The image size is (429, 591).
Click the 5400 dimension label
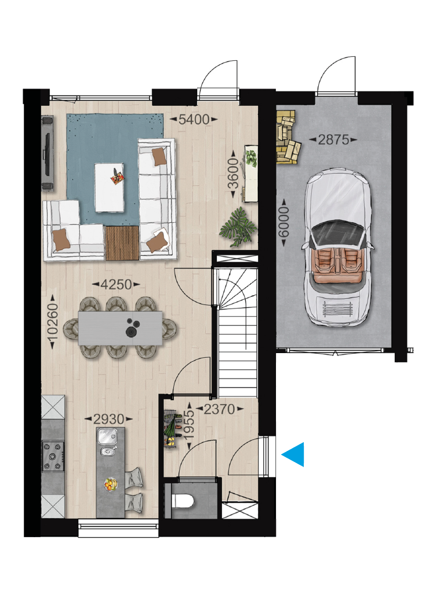pyautogui.click(x=194, y=119)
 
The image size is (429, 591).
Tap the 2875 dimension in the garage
pyautogui.click(x=333, y=140)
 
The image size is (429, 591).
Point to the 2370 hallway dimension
pyautogui.click(x=219, y=409)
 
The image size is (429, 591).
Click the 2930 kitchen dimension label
pyautogui.click(x=109, y=419)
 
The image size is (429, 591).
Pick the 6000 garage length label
pyautogui.click(x=283, y=222)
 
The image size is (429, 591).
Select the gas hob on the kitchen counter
pyautogui.click(x=53, y=456)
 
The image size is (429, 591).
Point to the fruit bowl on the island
pyautogui.click(x=111, y=483)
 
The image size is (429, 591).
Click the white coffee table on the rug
pyautogui.click(x=109, y=188)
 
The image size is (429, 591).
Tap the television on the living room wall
pyautogui.click(x=47, y=153)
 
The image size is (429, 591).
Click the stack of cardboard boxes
pyautogui.click(x=288, y=137)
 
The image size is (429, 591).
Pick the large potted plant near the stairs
pyautogui.click(x=238, y=227)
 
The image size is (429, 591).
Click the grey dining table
pyautogui.click(x=120, y=328)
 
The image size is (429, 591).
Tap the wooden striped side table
pyautogui.click(x=122, y=243)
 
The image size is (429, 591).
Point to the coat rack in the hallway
pyautogui.click(x=172, y=429)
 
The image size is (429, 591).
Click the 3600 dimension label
pyautogui.click(x=234, y=174)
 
